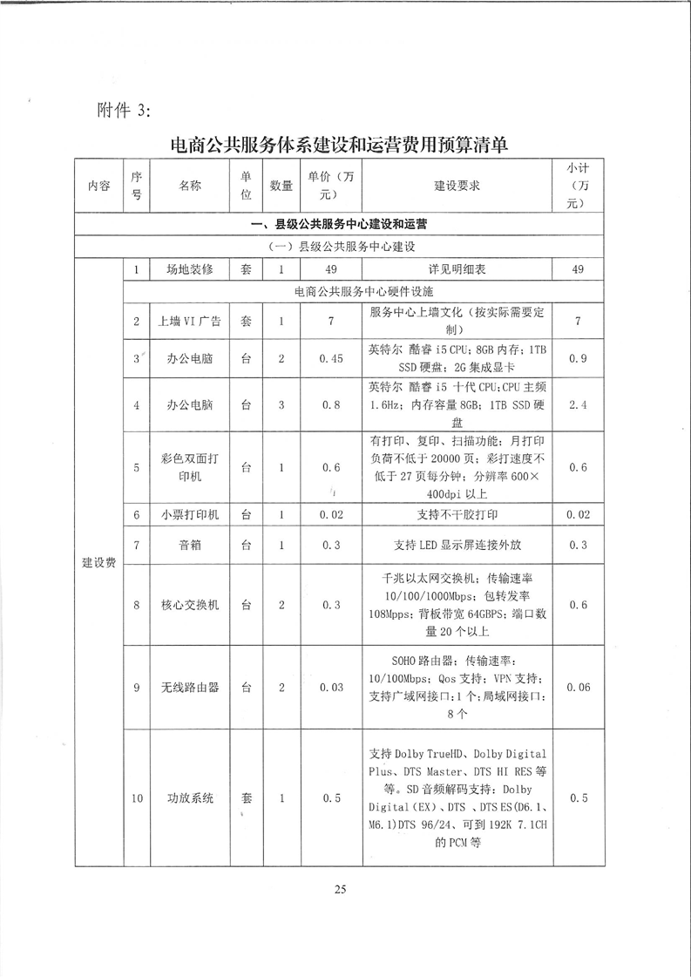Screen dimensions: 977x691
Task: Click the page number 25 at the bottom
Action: [340, 889]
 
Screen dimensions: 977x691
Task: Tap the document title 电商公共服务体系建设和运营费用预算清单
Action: [340, 146]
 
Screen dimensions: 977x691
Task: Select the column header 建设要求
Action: [457, 186]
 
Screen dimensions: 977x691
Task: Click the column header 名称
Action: [189, 186]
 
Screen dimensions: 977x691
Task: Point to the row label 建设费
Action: [98, 564]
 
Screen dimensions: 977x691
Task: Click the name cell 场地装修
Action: [189, 270]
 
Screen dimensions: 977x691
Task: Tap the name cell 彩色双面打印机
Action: [189, 467]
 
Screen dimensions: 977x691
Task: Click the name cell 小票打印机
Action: [189, 515]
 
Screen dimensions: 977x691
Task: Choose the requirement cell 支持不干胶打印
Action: [457, 515]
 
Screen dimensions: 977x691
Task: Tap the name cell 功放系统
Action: [189, 798]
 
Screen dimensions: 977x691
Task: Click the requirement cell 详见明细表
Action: [457, 270]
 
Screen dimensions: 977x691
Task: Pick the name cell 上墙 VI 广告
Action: [189, 322]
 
